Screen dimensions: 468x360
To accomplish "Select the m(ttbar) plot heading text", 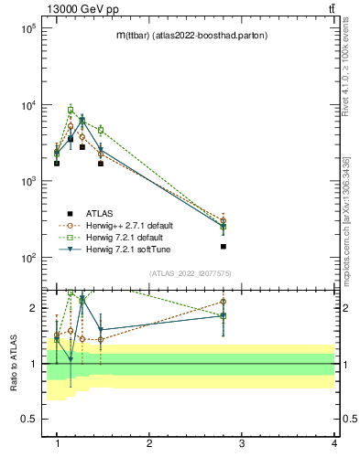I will (191, 35).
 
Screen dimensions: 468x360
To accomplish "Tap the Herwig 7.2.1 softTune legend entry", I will (123, 250).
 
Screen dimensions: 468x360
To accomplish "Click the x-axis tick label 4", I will (333, 443).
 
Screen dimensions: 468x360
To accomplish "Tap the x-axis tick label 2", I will (149, 443).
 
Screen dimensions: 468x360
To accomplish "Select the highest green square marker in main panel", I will (71, 110).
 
